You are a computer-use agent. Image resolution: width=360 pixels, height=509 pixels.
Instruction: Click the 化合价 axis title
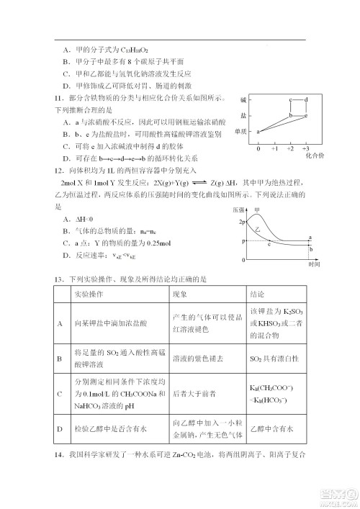click(x=314, y=156)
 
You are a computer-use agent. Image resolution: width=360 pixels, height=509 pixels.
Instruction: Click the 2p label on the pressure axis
click(x=242, y=222)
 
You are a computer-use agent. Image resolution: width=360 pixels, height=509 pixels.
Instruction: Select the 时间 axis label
click(x=312, y=264)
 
